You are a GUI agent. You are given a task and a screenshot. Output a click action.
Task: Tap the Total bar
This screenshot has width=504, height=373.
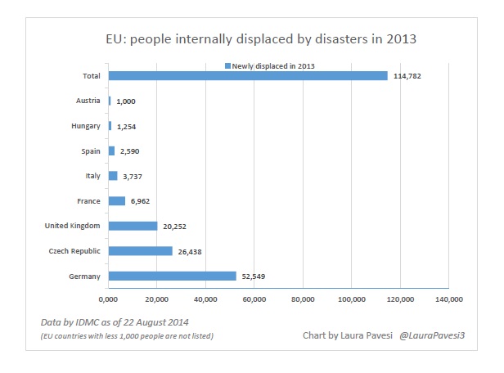pyautogui.click(x=248, y=76)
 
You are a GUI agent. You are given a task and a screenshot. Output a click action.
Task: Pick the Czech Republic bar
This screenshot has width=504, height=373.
pyautogui.click(x=140, y=251)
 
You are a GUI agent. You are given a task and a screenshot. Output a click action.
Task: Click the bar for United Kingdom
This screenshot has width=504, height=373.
pyautogui.click(x=133, y=226)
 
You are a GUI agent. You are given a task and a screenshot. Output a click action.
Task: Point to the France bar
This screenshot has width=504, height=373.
pyautogui.click(x=116, y=200)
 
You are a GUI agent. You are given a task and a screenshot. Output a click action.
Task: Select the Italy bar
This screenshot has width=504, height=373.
pyautogui.click(x=113, y=176)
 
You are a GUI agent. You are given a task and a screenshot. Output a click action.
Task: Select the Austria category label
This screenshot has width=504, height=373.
pyautogui.click(x=87, y=101)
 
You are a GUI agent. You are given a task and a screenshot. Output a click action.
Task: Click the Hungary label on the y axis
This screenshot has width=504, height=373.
pyautogui.click(x=85, y=126)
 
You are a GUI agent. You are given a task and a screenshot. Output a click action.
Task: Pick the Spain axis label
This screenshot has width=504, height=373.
pyautogui.click(x=89, y=151)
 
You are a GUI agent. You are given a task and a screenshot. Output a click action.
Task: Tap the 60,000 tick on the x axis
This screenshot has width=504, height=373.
pyautogui.click(x=254, y=299)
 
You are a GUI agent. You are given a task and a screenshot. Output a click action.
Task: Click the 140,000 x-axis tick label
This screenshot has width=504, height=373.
pyautogui.click(x=448, y=299)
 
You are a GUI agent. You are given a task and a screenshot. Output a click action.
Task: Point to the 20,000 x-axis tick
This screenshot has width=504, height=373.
pyautogui.click(x=157, y=299)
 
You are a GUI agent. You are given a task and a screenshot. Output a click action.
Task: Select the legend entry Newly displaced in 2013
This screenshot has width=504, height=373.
pyautogui.click(x=271, y=65)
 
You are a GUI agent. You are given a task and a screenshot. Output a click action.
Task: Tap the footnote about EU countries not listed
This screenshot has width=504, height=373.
pyautogui.click(x=126, y=336)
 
